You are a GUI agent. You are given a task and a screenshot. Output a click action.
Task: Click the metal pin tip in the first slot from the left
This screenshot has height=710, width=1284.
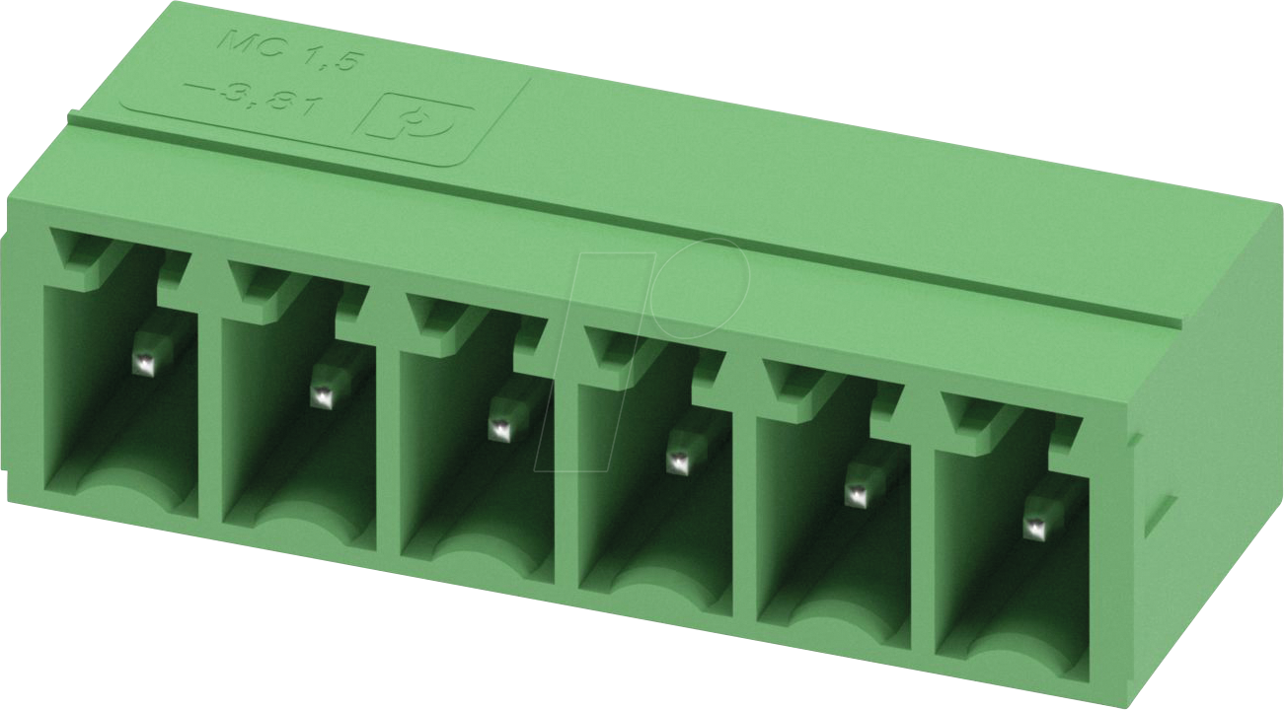(x=145, y=365)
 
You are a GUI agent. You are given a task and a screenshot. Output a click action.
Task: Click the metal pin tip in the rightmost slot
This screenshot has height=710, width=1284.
(x=1034, y=528)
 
